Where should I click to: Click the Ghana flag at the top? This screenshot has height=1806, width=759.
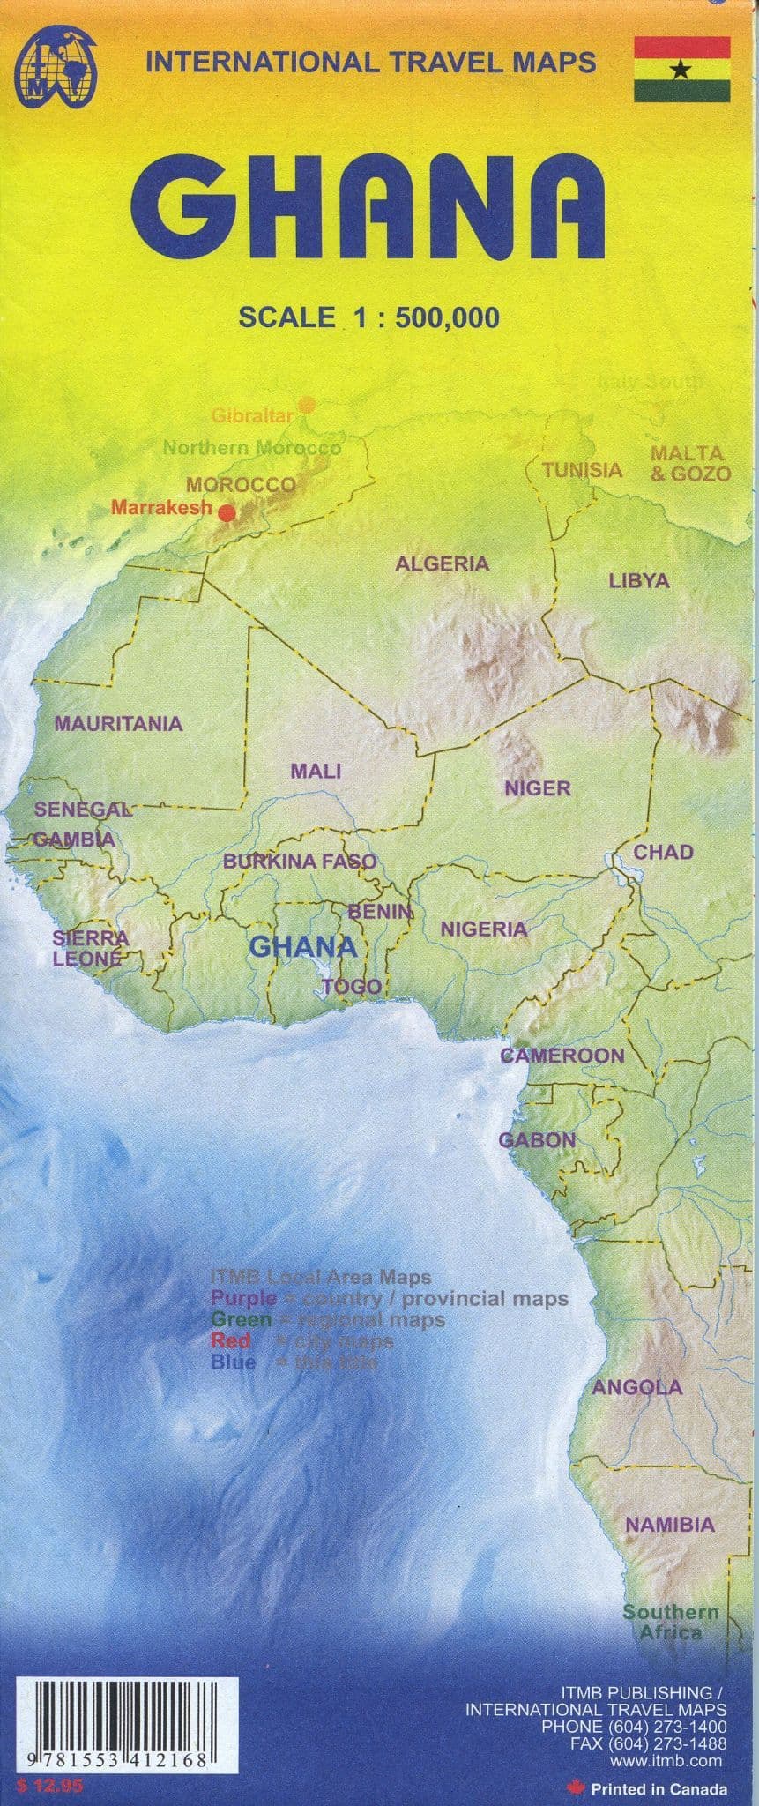[681, 70]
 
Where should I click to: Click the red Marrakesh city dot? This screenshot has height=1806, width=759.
[227, 511]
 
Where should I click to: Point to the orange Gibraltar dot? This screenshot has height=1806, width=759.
[307, 405]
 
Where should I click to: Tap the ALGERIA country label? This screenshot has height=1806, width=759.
[442, 563]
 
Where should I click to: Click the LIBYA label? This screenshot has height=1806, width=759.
[639, 581]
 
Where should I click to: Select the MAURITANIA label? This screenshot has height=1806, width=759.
[118, 724]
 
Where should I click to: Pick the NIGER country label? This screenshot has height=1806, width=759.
[537, 787]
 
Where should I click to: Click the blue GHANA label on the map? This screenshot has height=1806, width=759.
[302, 947]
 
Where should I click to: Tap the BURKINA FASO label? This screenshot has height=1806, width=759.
[300, 862]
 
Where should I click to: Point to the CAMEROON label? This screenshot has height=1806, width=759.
[562, 1056]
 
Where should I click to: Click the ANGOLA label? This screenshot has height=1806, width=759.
[636, 1387]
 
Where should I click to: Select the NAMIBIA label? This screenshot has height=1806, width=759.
[669, 1525]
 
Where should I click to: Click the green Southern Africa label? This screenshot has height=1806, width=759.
[671, 1623]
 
